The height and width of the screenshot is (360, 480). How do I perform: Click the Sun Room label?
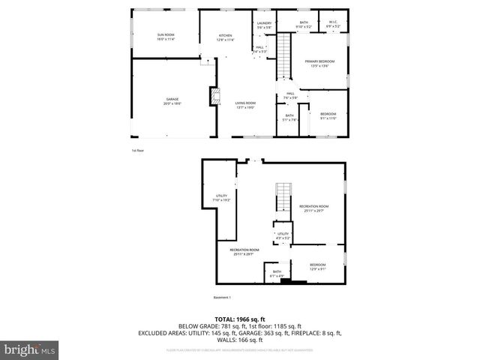(165, 36)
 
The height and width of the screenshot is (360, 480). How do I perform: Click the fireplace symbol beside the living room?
(215, 96)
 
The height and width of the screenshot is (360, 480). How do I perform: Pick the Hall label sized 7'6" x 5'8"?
(290, 95)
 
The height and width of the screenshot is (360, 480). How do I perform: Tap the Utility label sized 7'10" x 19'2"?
(221, 198)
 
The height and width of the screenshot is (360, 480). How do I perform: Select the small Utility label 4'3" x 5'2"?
(283, 235)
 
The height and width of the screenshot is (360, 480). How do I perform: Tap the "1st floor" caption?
(137, 150)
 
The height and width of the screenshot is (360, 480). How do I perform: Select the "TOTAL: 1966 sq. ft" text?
(239, 319)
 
